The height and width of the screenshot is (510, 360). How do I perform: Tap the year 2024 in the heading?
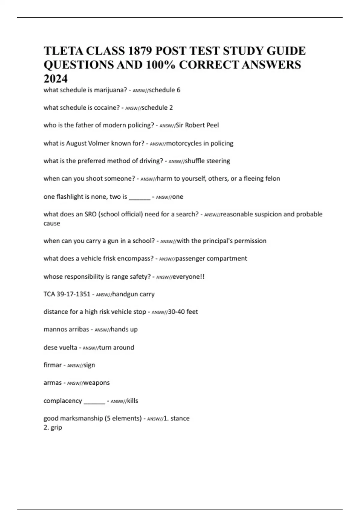point(56,79)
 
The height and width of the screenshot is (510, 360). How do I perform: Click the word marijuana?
point(110,90)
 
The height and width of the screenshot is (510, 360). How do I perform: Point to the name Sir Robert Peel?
point(197,125)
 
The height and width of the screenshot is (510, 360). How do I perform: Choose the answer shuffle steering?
point(207,161)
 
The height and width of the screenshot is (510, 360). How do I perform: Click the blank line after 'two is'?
point(139,197)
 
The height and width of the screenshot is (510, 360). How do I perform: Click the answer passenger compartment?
point(211,258)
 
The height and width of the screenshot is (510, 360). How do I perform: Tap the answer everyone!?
point(188,276)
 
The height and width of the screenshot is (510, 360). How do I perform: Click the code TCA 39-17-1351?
point(67,294)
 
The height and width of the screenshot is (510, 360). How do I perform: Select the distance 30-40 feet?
point(183,312)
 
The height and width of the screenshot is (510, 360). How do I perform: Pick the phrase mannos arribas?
point(66,329)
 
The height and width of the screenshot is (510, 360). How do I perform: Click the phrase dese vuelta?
point(60,347)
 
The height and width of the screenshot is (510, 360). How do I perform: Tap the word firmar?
point(52,365)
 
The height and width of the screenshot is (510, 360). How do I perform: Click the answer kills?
point(133,401)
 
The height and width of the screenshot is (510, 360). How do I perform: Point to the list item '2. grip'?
point(53,427)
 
